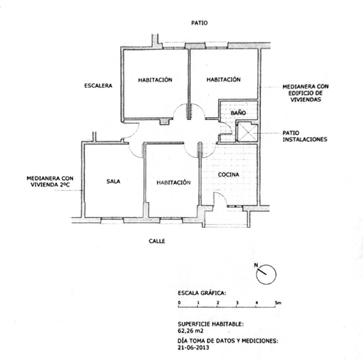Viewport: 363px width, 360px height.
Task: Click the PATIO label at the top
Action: click(x=199, y=23)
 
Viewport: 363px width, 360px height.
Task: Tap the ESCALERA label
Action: click(x=98, y=86)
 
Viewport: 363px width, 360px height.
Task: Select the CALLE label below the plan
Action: click(x=157, y=241)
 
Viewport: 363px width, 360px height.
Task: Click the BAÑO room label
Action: click(x=238, y=113)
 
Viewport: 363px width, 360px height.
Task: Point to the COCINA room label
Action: click(x=229, y=175)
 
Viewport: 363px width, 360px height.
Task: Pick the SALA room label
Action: click(x=113, y=181)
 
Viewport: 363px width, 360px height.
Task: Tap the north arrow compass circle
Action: click(x=266, y=274)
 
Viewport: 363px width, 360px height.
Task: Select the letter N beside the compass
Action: click(x=257, y=265)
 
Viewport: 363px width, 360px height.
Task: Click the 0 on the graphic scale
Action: click(x=179, y=303)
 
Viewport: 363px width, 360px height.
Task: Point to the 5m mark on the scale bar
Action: click(x=278, y=303)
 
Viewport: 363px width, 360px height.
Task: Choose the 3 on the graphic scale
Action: click(x=237, y=303)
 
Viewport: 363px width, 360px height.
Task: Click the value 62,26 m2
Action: click(x=190, y=331)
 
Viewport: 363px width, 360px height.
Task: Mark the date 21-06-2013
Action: click(x=194, y=347)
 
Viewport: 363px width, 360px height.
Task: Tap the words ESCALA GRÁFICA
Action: click(x=202, y=293)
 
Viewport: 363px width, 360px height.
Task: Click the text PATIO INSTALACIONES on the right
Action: click(x=305, y=136)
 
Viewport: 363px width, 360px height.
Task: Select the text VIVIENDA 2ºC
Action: click(x=50, y=184)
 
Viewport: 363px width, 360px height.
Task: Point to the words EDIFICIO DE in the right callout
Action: click(x=306, y=93)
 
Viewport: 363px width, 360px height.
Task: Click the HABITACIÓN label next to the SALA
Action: click(x=174, y=183)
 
